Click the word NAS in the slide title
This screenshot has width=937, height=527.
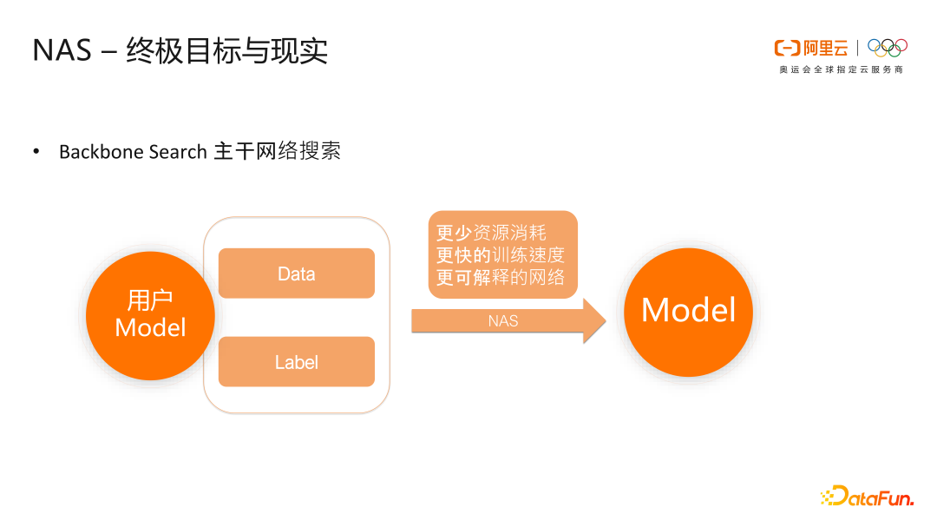62,50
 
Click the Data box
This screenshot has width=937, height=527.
296,273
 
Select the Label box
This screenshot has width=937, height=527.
296,362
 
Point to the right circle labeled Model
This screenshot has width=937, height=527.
688,311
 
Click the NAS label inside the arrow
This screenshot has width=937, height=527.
503,321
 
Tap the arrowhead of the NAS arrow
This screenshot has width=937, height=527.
594,321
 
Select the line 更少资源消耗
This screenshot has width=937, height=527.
491,233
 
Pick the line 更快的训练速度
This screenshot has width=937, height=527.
501,255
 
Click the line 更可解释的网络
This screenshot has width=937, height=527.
501,278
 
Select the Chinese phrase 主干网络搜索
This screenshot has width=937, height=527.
277,152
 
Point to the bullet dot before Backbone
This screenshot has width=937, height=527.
36,152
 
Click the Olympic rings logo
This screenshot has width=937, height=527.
887,47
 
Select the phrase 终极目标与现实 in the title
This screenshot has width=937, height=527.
227,50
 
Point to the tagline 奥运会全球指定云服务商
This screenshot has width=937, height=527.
840,69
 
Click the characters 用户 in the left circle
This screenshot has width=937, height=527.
150,300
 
